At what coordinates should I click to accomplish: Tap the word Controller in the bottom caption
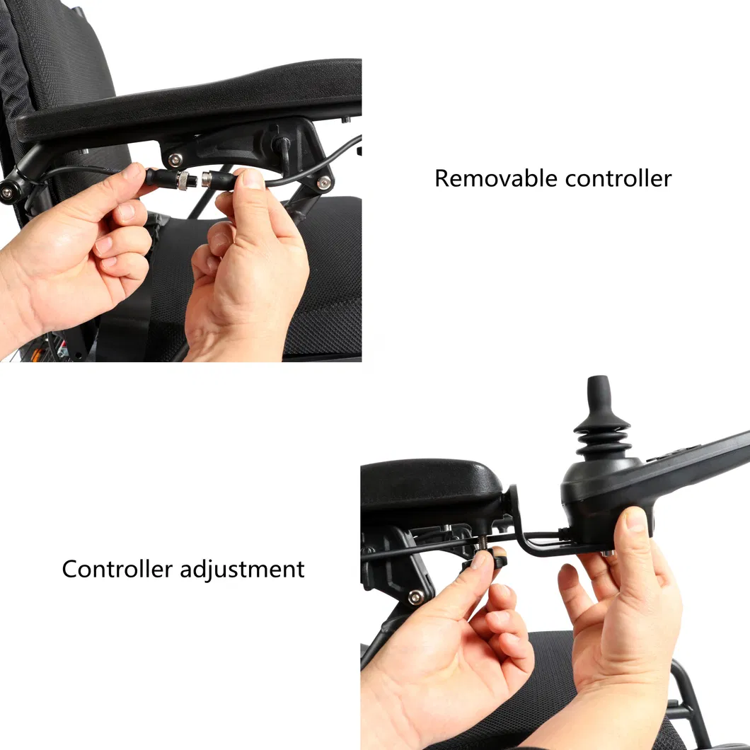[117, 569]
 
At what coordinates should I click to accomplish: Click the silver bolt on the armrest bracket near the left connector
[174, 158]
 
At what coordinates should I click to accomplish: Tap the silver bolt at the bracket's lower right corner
[324, 183]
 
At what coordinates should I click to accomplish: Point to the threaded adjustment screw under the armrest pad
[481, 544]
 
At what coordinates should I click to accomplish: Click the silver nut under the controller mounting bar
[606, 553]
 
